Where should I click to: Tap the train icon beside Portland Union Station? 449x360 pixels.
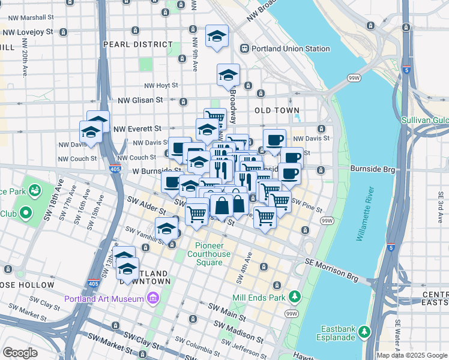244,49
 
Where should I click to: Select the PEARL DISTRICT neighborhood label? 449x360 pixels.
137,44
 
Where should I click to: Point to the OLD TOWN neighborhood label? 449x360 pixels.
277,111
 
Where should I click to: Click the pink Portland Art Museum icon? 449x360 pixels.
152,298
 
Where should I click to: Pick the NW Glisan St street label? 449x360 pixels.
140,101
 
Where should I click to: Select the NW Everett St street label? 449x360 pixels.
137,128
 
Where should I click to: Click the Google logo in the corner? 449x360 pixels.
19,353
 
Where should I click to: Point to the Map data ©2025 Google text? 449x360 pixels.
412,355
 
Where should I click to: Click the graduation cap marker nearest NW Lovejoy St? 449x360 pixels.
217,37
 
